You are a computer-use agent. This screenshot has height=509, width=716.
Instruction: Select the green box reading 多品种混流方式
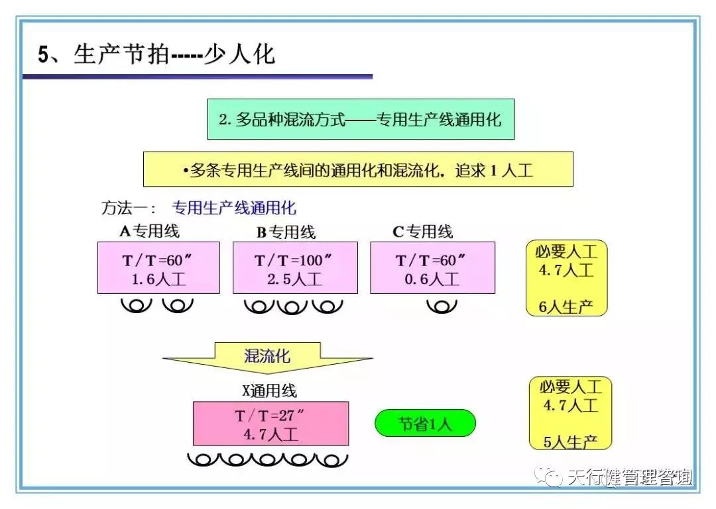click(361, 120)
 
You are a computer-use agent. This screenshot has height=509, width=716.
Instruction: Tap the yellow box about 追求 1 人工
click(358, 169)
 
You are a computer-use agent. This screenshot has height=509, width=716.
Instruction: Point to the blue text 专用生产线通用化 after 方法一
click(234, 208)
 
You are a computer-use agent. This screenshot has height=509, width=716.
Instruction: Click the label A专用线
click(149, 231)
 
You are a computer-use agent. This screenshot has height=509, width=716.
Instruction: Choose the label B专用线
click(286, 232)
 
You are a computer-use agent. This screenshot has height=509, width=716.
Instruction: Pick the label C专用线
click(422, 232)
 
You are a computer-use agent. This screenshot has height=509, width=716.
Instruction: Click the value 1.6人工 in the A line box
click(158, 279)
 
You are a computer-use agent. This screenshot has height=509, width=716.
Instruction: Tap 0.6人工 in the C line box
click(432, 279)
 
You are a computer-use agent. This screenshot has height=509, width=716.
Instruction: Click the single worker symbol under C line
click(442, 306)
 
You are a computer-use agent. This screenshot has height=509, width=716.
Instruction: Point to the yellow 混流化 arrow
click(267, 357)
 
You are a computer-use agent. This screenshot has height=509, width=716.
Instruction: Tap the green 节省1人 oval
click(425, 424)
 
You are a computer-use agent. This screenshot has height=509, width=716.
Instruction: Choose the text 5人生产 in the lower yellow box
click(570, 441)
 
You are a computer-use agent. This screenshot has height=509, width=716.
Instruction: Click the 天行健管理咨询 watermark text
click(630, 477)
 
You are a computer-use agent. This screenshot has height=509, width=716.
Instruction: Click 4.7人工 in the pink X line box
click(271, 434)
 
